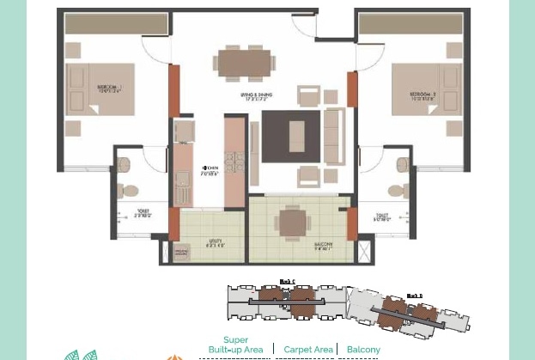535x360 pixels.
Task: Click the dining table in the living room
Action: tap(244, 64)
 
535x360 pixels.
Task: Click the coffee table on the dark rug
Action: tap(296, 136)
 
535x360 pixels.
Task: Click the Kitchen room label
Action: tap(210, 170)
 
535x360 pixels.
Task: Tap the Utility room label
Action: tap(214, 244)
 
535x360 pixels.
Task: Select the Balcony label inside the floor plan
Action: tap(323, 246)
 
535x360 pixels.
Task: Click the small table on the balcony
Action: tap(294, 223)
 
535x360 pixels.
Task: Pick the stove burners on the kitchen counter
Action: tap(234, 162)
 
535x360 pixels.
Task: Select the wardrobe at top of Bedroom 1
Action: tap(104, 24)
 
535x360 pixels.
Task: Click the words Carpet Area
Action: tap(308, 350)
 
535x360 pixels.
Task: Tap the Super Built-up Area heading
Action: tap(235, 345)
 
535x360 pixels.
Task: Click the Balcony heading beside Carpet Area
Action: tap(363, 350)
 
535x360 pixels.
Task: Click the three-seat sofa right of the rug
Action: tap(333, 137)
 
